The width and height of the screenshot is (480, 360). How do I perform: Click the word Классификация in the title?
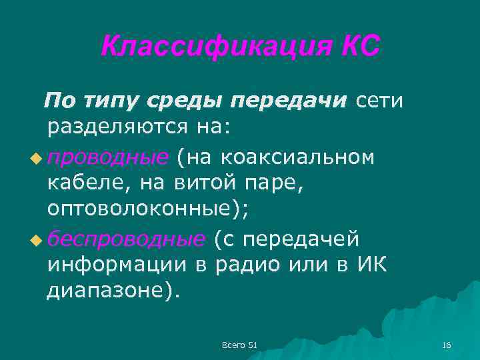click(x=214, y=47)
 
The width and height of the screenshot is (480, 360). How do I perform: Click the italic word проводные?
click(x=107, y=157)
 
